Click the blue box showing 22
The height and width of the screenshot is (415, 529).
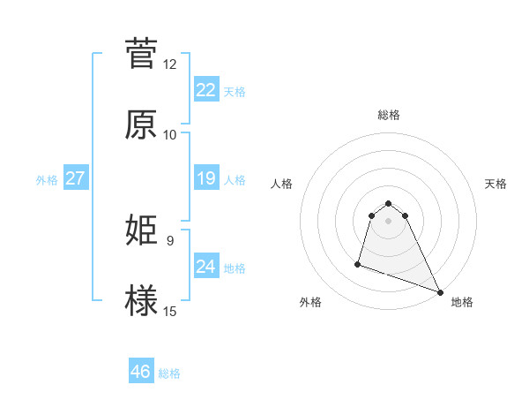(205, 89)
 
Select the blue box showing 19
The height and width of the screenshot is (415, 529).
(205, 178)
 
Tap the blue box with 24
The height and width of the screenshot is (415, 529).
(205, 267)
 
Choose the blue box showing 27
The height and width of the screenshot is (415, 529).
(75, 178)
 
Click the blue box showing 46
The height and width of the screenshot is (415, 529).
(141, 372)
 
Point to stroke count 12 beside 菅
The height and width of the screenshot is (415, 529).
(170, 64)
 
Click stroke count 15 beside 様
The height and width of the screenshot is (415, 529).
(170, 311)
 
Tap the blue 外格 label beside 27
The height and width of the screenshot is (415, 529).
(47, 179)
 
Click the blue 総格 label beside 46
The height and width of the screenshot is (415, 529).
(169, 373)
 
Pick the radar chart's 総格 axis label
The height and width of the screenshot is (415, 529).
(389, 115)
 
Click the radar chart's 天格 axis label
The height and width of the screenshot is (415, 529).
(495, 184)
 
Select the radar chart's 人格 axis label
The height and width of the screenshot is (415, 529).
(282, 184)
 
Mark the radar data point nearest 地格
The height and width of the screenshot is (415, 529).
(440, 292)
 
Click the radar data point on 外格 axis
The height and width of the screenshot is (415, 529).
(358, 263)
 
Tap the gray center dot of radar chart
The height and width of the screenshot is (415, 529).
(389, 232)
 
